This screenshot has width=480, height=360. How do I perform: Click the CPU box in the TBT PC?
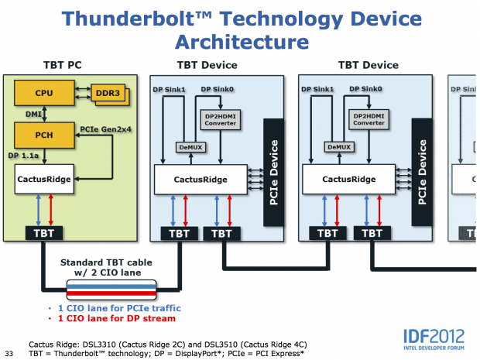pos(44,94)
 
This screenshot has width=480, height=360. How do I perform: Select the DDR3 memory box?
pos(107,94)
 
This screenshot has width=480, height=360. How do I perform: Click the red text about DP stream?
pos(112,319)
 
